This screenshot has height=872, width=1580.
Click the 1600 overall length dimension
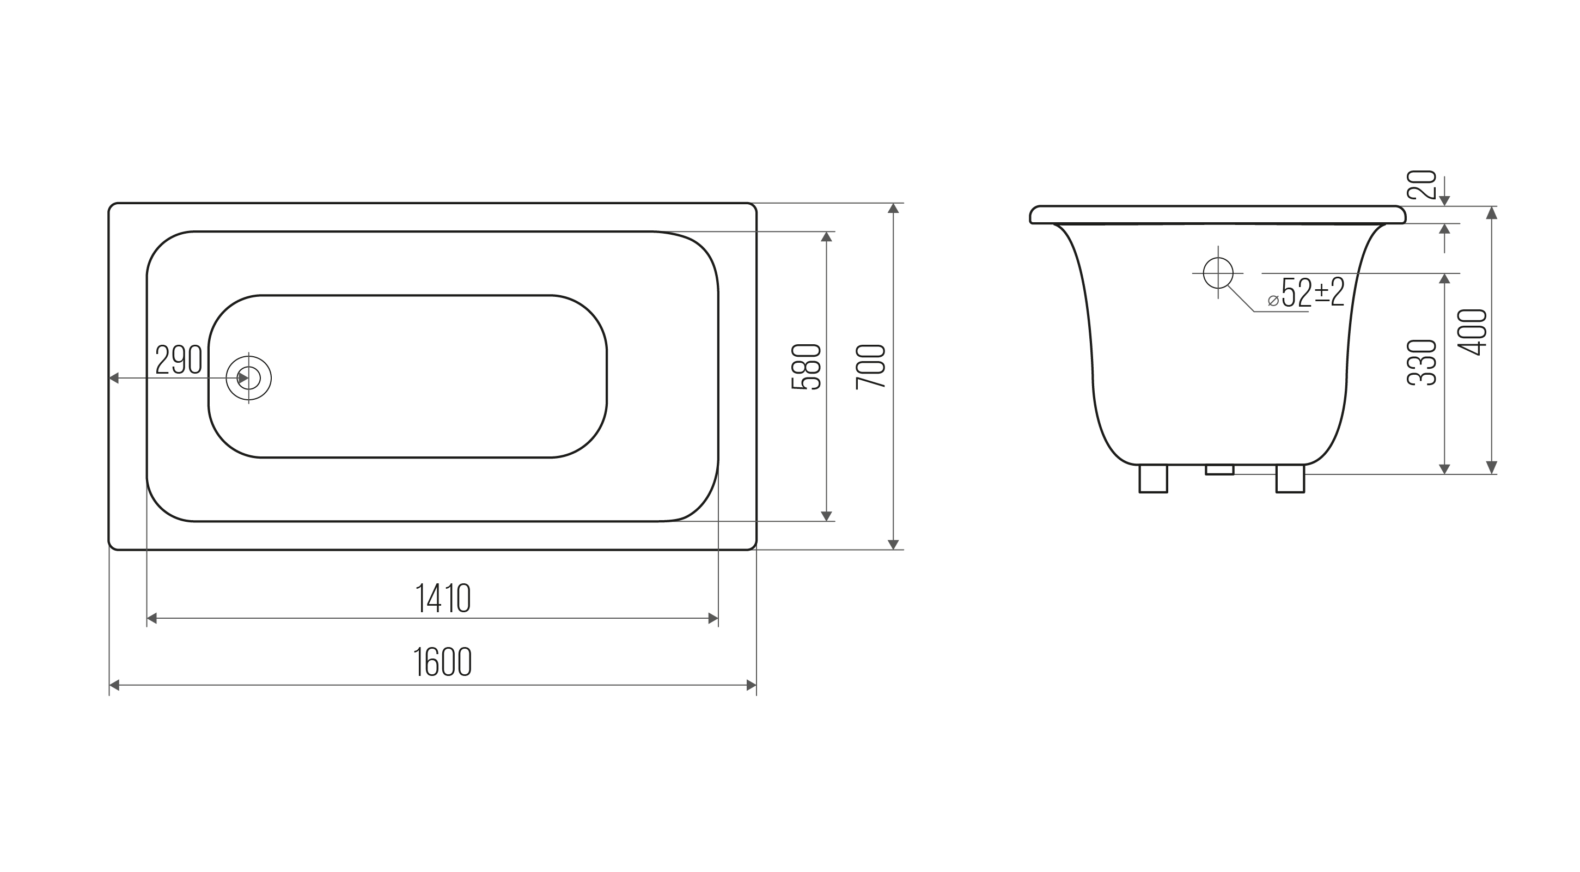[442, 662]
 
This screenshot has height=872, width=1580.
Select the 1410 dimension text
[443, 598]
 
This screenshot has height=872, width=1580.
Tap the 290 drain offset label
[179, 359]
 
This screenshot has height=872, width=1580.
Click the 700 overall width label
[871, 366]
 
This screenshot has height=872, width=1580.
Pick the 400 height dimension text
[1473, 332]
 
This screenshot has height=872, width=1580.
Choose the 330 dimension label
[1422, 362]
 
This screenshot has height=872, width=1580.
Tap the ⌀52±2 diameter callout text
[1307, 292]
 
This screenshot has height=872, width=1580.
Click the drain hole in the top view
[248, 378]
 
